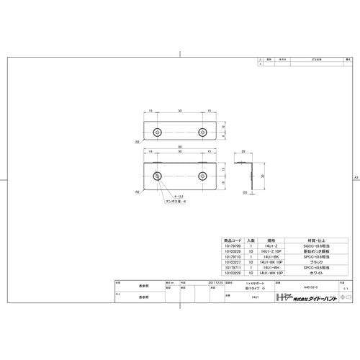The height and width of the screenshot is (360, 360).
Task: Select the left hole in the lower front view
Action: point(158,175)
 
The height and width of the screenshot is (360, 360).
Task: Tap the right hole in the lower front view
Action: point(202,175)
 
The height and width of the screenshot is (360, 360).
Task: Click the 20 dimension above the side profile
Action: point(243,152)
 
